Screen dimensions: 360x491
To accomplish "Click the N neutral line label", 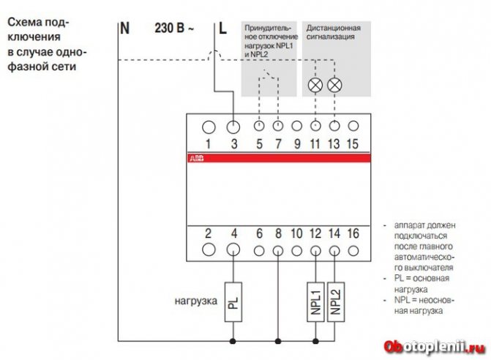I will [124, 29].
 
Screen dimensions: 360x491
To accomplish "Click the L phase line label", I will [223, 29].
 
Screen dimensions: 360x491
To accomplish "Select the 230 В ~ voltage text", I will [175, 29].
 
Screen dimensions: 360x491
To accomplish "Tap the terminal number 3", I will [234, 143].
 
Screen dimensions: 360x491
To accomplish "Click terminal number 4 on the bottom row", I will [234, 234].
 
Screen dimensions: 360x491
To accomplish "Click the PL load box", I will [234, 299].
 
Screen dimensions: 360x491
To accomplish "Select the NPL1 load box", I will [315, 299].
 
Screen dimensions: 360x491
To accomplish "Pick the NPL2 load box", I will [334, 299].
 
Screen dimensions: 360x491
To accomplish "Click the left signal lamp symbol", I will [315, 85].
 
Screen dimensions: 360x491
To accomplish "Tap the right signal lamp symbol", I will [335, 85].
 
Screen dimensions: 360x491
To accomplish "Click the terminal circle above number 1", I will [208, 126].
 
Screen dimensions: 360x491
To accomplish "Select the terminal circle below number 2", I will [208, 250].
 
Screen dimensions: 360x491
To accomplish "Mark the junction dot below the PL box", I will [234, 341].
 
